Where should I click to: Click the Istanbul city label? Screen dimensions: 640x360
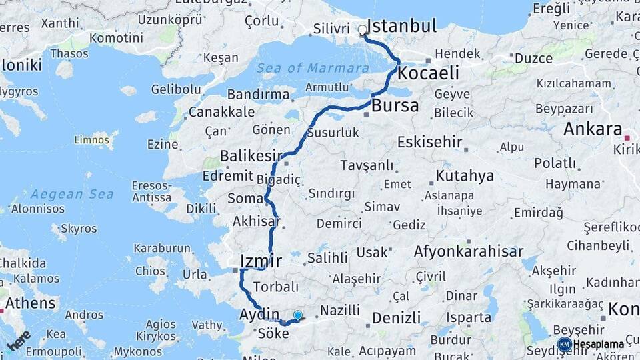402,27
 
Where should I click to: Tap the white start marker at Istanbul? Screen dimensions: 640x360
363,30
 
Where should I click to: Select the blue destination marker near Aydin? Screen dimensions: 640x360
297,315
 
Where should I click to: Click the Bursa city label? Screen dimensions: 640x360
395,105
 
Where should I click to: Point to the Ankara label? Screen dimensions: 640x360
593,129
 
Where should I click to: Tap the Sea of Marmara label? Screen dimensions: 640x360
313,68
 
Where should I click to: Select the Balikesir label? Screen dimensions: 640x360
251,157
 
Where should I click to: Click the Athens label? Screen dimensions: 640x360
31,303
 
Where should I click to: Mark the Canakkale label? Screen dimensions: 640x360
221,111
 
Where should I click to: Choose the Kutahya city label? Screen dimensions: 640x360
465,176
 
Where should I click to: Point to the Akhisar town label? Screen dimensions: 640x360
256,221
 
